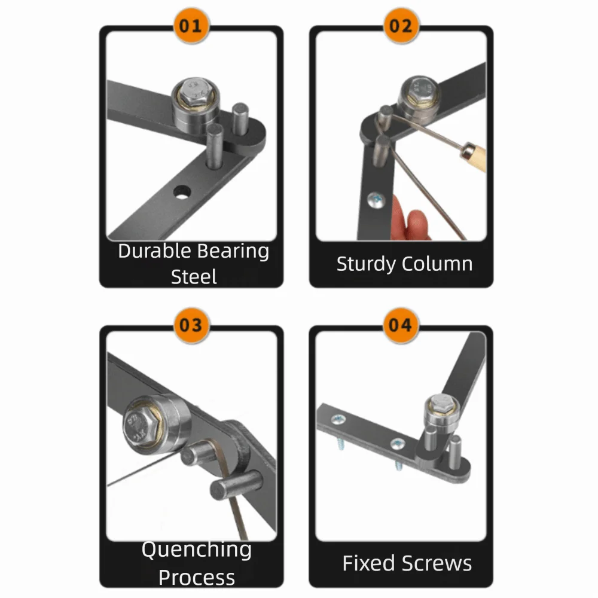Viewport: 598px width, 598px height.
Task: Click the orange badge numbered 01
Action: coord(191,27)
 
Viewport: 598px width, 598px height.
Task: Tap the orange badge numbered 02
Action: coord(401,27)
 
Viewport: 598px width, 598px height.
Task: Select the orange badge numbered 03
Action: coord(191,326)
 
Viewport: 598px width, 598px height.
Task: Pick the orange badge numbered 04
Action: coord(401,326)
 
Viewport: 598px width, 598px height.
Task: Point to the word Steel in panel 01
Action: coord(193,277)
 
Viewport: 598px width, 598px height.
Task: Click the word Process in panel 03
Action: coord(196,578)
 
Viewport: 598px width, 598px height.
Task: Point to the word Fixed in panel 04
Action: coord(369,563)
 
